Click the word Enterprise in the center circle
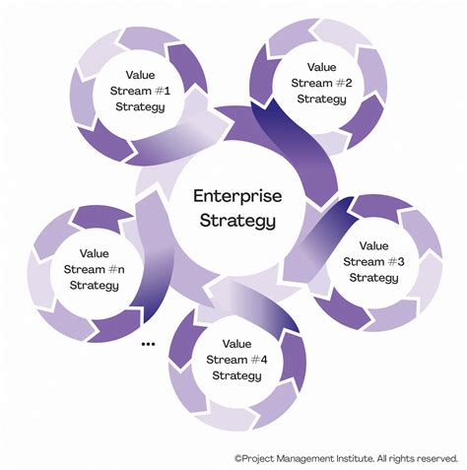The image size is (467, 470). pyautogui.click(x=233, y=197)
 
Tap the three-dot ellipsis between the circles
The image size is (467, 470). pyautogui.click(x=150, y=344)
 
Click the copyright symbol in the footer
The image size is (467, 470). pyautogui.click(x=238, y=458)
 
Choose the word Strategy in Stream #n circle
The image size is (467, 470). pyautogui.click(x=95, y=285)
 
